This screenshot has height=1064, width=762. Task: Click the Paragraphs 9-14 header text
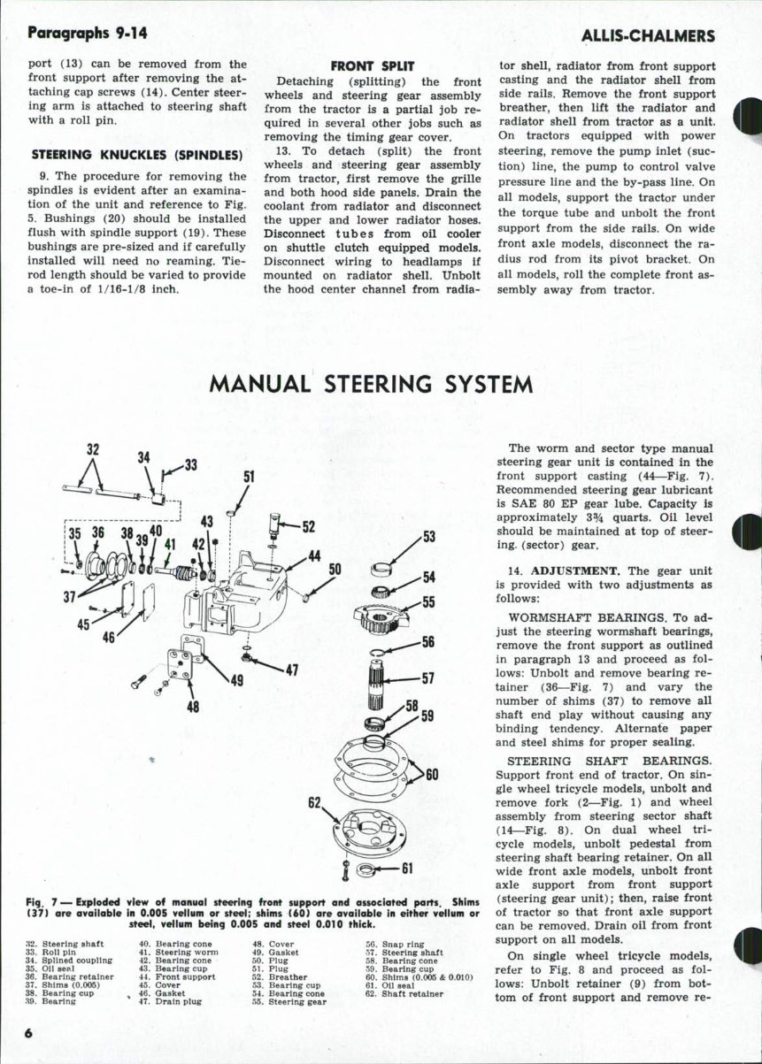[x=88, y=33]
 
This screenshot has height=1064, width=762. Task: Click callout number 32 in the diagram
[x=91, y=448]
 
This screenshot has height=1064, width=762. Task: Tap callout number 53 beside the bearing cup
[x=429, y=537]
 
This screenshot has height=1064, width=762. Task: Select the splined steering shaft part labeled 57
[x=376, y=680]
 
